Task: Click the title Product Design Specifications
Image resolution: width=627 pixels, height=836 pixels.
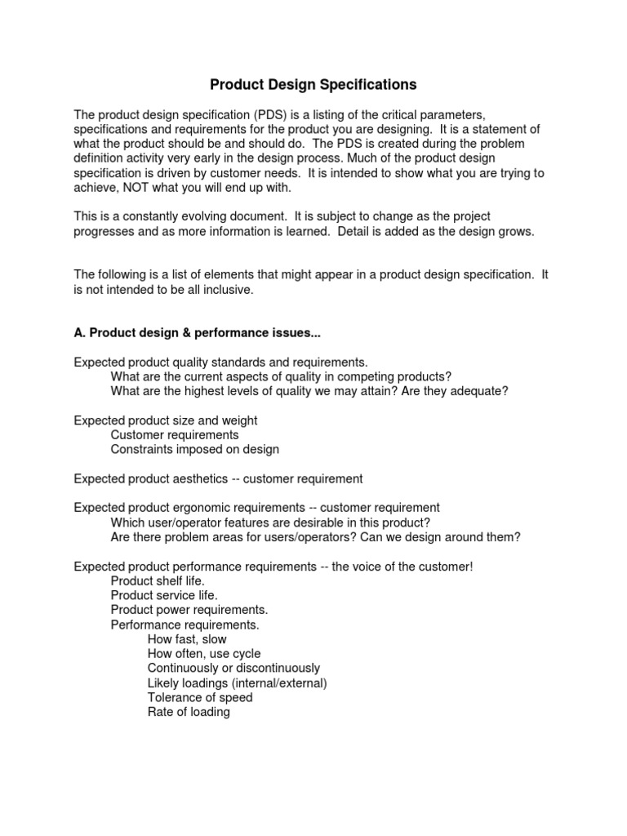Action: coord(313,84)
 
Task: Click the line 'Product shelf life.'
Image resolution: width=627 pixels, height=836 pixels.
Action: coord(158,580)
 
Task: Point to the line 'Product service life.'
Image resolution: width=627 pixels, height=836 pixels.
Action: coord(163,595)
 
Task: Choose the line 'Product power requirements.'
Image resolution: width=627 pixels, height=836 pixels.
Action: coord(189,610)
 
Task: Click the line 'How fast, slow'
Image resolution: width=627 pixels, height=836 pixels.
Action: coord(187,639)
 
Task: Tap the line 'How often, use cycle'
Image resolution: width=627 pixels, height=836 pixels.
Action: coord(204,654)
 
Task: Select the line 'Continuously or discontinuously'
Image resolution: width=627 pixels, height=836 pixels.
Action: coord(233,669)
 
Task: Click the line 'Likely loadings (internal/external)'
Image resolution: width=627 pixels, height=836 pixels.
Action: coord(237,683)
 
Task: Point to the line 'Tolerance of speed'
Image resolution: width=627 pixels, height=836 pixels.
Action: coord(200,697)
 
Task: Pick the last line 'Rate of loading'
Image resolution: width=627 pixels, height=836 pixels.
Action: coord(189,712)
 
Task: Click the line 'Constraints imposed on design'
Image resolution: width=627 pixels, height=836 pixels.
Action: coord(194,449)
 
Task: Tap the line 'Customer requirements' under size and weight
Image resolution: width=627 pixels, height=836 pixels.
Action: coord(174,435)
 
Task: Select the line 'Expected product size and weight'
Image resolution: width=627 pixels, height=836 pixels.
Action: coord(165,420)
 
